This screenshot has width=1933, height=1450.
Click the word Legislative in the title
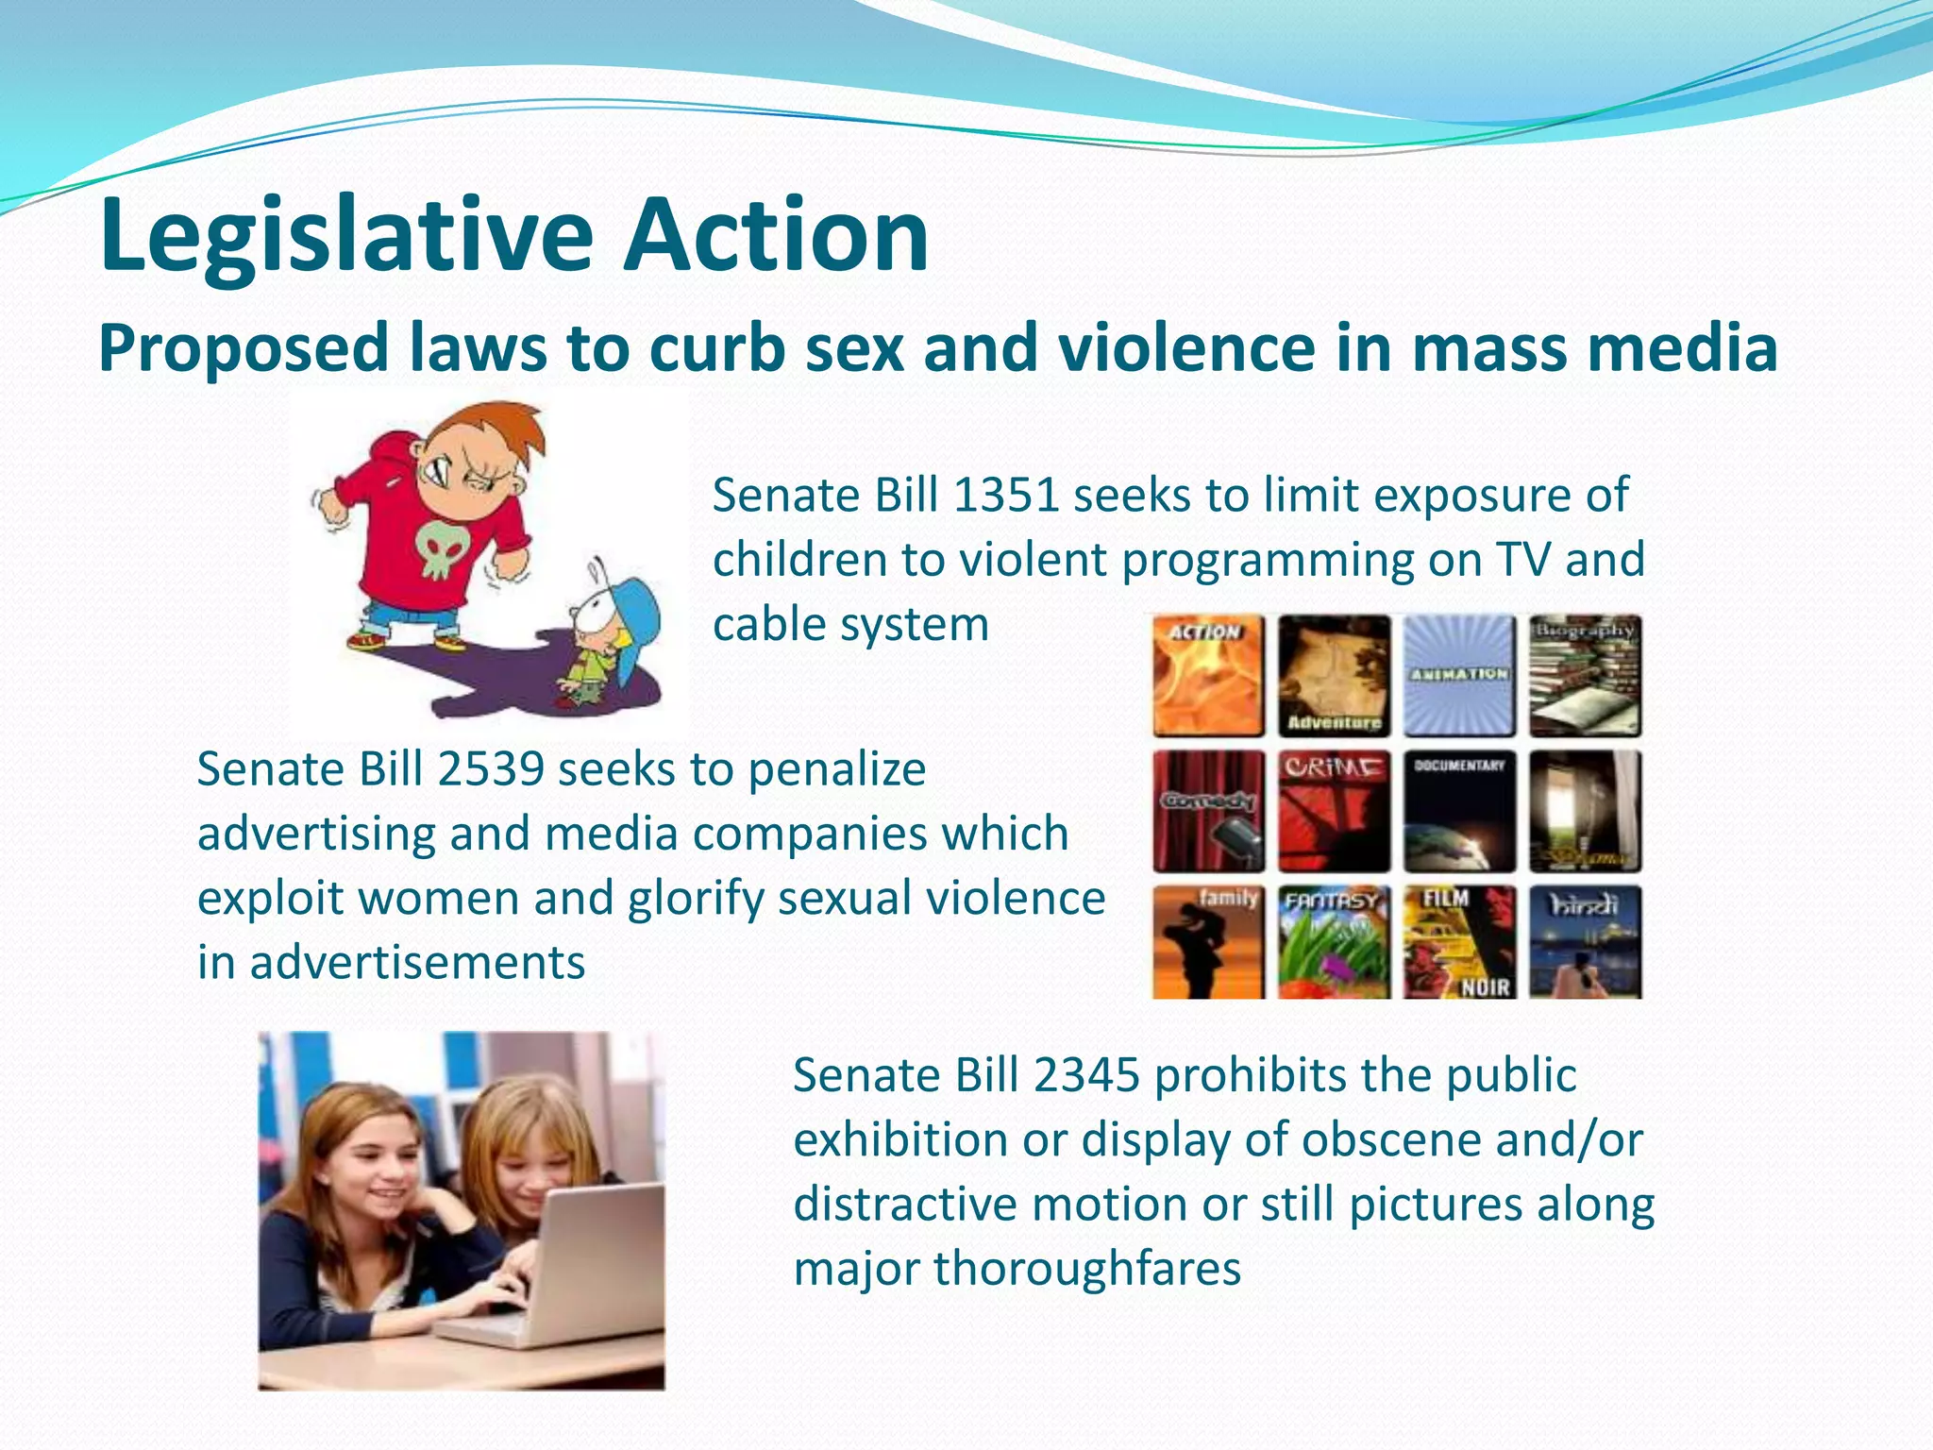(345, 236)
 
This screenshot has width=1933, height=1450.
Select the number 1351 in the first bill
(1005, 496)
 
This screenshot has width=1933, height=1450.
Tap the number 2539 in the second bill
(490, 769)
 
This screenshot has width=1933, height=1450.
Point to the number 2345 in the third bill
(1086, 1075)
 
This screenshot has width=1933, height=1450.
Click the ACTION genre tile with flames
(1208, 676)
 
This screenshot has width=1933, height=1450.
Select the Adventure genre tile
(1334, 676)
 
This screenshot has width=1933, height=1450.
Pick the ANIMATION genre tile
(1459, 676)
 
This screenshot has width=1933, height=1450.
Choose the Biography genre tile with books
(1585, 676)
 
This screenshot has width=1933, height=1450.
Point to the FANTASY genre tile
(1334, 942)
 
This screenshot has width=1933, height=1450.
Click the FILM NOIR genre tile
(1459, 942)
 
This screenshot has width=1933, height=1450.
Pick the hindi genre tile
(1585, 942)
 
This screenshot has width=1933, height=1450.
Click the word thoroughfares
(1087, 1269)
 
